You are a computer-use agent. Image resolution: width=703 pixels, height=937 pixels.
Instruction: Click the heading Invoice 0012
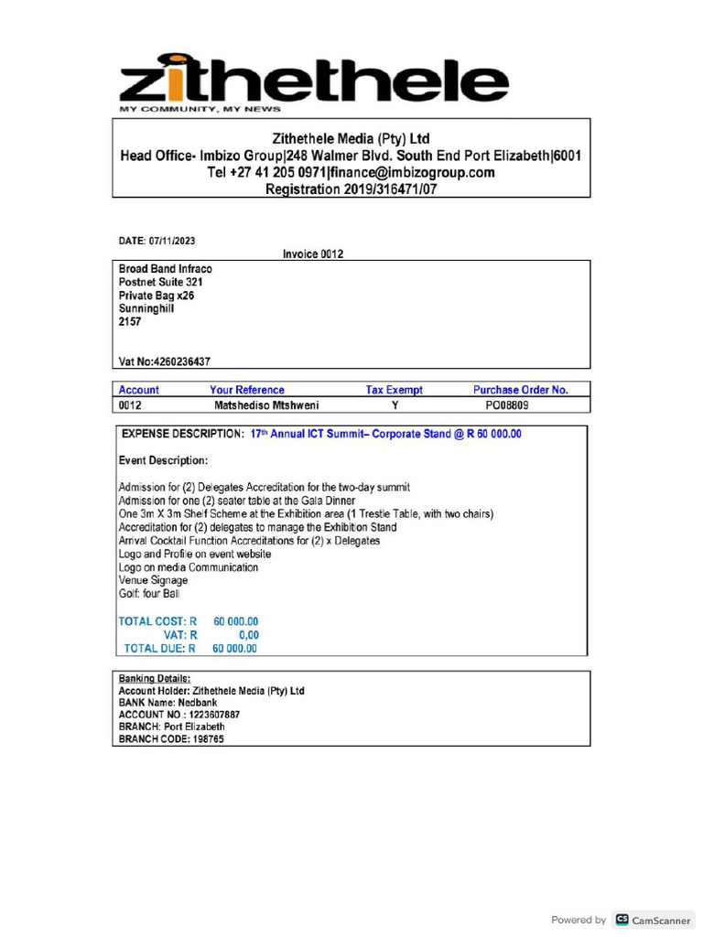point(313,254)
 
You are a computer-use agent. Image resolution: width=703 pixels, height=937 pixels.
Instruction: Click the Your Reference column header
point(247,390)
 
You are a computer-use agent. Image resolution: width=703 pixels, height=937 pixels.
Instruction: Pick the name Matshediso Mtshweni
point(266,404)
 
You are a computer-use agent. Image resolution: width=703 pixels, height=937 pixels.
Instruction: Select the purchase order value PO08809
point(506,404)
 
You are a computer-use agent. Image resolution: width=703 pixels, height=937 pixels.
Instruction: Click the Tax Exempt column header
point(394,390)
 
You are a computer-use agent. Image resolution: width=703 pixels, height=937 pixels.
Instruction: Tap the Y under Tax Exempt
point(395,404)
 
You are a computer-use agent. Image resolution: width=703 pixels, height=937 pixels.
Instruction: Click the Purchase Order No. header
point(520,390)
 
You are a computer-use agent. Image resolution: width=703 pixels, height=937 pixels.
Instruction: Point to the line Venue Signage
point(153,580)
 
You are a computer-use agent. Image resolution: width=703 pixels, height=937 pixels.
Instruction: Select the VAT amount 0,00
point(248,635)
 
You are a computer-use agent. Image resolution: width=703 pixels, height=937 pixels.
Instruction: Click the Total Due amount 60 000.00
point(235,649)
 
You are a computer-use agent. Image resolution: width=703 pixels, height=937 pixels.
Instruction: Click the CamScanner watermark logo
point(653,920)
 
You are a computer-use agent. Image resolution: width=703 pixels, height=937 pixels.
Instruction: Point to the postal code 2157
point(130,322)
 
